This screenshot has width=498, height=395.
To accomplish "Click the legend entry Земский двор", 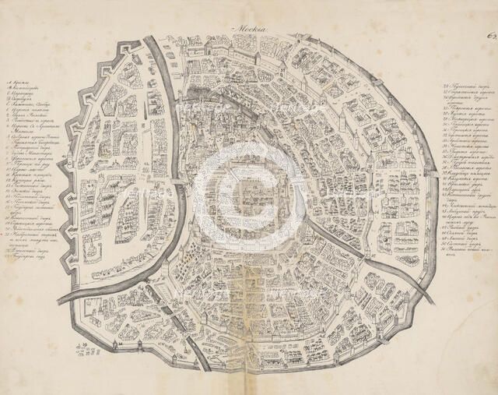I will (28, 204).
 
